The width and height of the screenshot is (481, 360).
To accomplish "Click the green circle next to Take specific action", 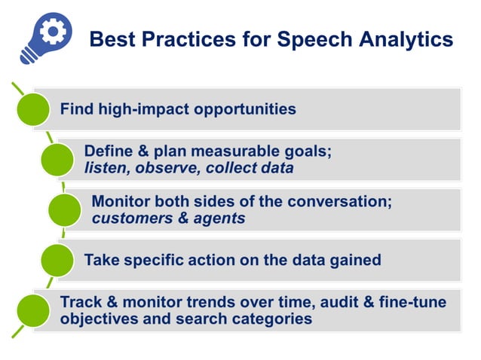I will [57, 261].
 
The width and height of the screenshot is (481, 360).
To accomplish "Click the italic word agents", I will [219, 218].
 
